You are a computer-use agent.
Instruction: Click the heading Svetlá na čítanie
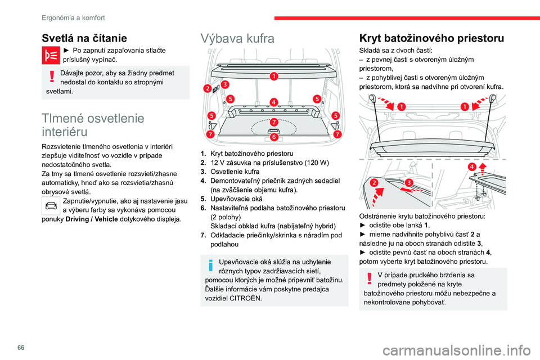(x=84, y=38)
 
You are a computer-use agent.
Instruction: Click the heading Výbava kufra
(x=237, y=39)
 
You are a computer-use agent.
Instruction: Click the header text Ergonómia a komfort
(x=73, y=17)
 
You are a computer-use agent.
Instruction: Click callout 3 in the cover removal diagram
(x=409, y=183)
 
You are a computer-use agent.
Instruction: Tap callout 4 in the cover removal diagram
(x=471, y=167)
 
